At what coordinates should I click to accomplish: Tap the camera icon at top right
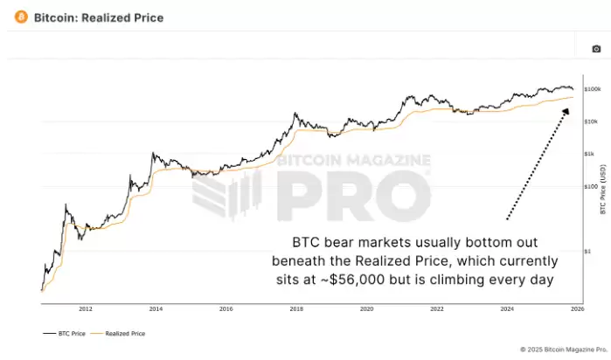click(x=597, y=49)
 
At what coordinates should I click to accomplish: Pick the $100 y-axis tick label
click(x=591, y=186)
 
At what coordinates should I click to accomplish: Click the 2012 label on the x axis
click(x=86, y=308)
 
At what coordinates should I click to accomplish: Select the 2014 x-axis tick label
click(x=156, y=308)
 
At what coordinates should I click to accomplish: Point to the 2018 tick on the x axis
click(x=296, y=308)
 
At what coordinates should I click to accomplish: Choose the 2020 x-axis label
click(x=366, y=308)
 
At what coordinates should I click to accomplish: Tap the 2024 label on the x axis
click(x=507, y=308)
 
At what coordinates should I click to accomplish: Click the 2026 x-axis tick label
click(x=577, y=308)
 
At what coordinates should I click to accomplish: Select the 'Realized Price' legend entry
click(x=125, y=333)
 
